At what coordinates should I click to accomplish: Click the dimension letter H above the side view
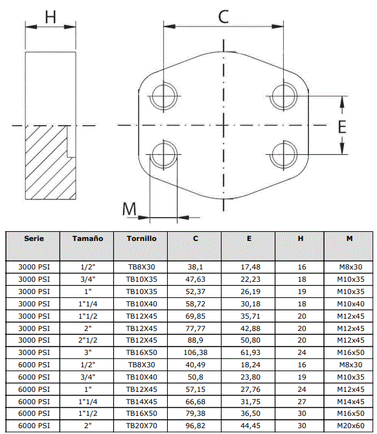(x=51, y=17)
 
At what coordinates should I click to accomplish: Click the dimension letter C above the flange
(x=223, y=17)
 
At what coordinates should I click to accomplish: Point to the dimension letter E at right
(x=342, y=127)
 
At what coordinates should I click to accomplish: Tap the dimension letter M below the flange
(x=130, y=209)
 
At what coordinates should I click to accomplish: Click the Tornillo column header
(x=141, y=238)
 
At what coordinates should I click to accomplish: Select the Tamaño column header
(x=87, y=238)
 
